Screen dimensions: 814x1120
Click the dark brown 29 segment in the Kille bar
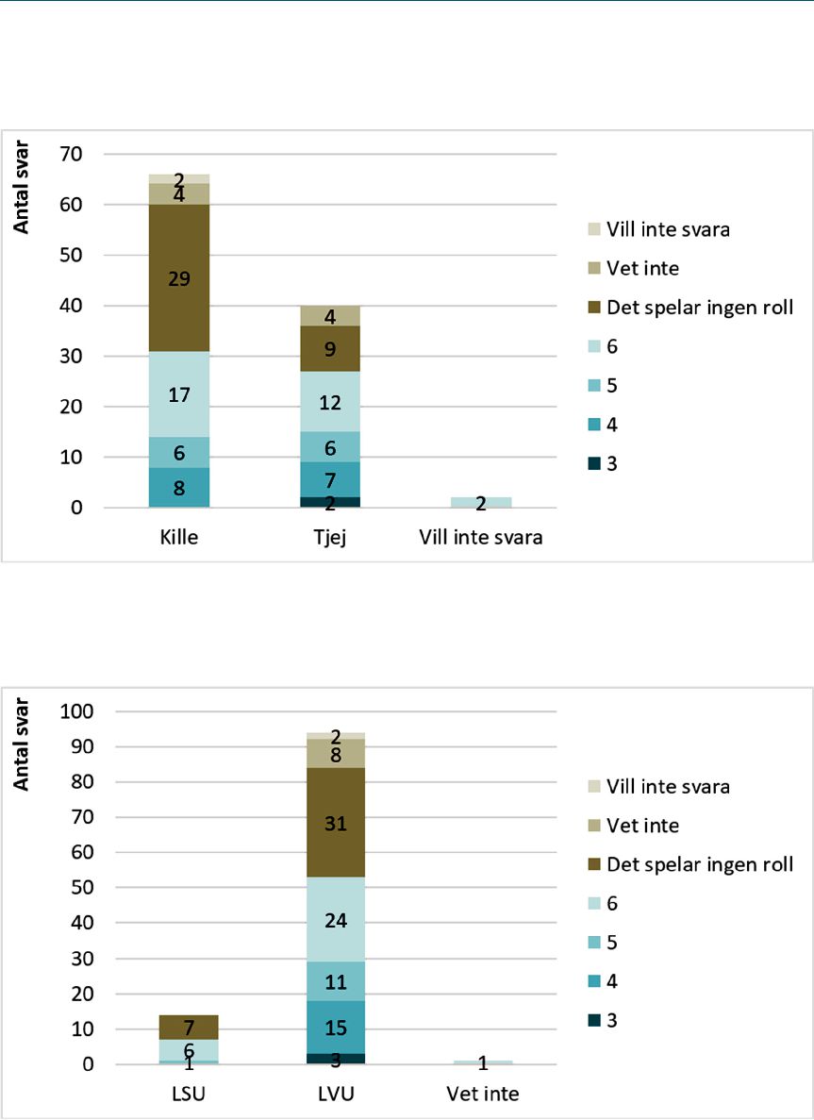click(x=179, y=277)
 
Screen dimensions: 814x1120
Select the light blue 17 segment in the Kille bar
click(x=179, y=394)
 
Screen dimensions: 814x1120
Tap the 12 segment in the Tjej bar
click(x=330, y=401)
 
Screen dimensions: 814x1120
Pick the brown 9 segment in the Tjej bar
click(x=330, y=348)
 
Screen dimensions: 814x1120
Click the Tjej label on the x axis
click(x=330, y=537)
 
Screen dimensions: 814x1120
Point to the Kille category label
click(x=179, y=537)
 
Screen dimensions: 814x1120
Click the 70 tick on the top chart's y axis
click(x=70, y=155)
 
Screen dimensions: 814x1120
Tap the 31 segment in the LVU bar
click(x=335, y=823)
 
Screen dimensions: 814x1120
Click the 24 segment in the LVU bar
click(x=335, y=920)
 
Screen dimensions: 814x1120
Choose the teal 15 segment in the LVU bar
click(x=335, y=1028)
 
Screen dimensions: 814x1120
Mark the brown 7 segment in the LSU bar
click(x=189, y=1028)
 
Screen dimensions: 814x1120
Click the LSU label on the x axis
click(x=189, y=1094)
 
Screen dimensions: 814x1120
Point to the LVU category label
click(x=336, y=1094)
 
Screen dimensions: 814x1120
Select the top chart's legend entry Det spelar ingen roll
click(x=690, y=308)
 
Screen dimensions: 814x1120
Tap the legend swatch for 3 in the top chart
click(x=594, y=464)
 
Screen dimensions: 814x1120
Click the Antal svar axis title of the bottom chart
click(x=22, y=744)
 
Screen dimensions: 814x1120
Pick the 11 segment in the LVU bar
click(x=335, y=981)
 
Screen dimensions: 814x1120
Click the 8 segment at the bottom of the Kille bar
click(x=179, y=488)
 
